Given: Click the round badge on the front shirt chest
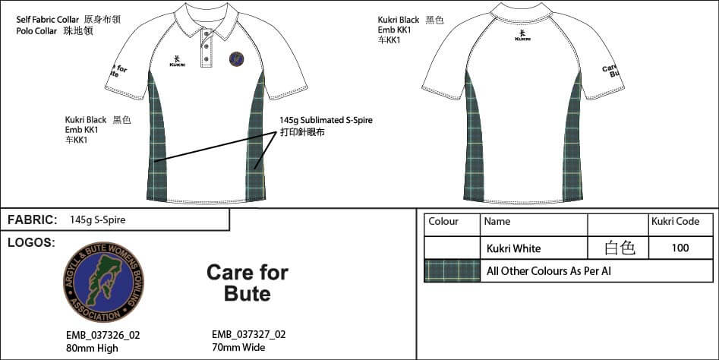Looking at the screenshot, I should [237, 58].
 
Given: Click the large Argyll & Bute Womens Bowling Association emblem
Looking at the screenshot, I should [103, 282].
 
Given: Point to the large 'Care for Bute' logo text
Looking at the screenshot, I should [248, 283].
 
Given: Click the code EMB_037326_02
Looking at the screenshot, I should [103, 335].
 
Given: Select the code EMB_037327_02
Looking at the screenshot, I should [249, 334].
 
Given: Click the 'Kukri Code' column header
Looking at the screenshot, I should [675, 222].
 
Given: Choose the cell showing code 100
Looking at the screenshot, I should [680, 248].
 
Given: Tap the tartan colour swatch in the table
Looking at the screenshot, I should [452, 271].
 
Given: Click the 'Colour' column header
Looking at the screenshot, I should [443, 222].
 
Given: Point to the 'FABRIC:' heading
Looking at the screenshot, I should [32, 220].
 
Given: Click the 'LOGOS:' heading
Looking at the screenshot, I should [31, 242].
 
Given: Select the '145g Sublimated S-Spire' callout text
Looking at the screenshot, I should [326, 120].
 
